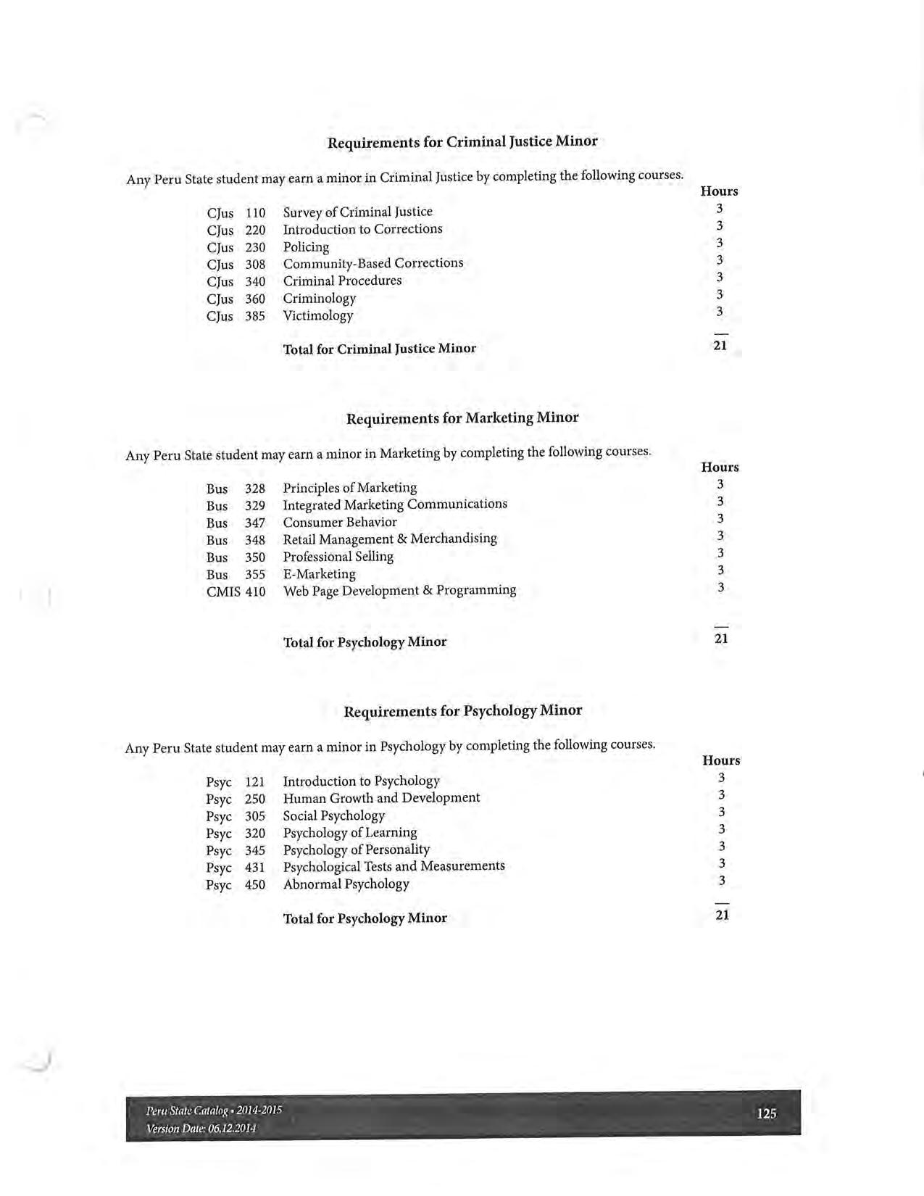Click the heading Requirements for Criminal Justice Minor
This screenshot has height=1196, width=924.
click(462, 141)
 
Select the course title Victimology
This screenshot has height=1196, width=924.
click(317, 315)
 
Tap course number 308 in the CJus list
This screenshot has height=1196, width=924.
click(255, 265)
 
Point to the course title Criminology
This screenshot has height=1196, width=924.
click(319, 299)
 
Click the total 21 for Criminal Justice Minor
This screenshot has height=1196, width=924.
click(720, 346)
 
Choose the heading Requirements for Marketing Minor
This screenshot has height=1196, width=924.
click(462, 418)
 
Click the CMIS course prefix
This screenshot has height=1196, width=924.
click(223, 591)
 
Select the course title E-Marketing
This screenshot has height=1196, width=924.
click(319, 574)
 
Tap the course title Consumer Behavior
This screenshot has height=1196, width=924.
click(339, 522)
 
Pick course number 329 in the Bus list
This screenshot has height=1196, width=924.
click(255, 506)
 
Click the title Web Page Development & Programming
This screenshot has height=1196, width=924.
click(399, 591)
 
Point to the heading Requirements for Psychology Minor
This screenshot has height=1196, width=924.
click(462, 710)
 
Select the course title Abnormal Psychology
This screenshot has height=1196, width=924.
click(346, 884)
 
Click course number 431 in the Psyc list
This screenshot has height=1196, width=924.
click(255, 868)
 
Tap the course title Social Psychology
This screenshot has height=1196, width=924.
click(333, 815)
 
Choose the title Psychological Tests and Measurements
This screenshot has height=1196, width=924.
click(394, 866)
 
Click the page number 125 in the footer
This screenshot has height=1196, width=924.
click(766, 1113)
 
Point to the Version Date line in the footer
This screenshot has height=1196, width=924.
click(201, 1129)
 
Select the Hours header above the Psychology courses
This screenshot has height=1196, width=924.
click(721, 760)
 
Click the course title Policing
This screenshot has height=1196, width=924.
click(306, 247)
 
